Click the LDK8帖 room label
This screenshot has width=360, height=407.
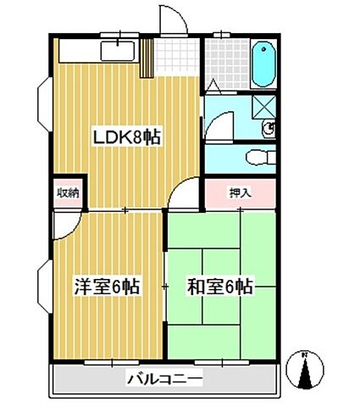tap(126, 137)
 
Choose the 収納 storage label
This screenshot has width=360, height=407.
tap(68, 192)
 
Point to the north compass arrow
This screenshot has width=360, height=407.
tap(307, 370)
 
